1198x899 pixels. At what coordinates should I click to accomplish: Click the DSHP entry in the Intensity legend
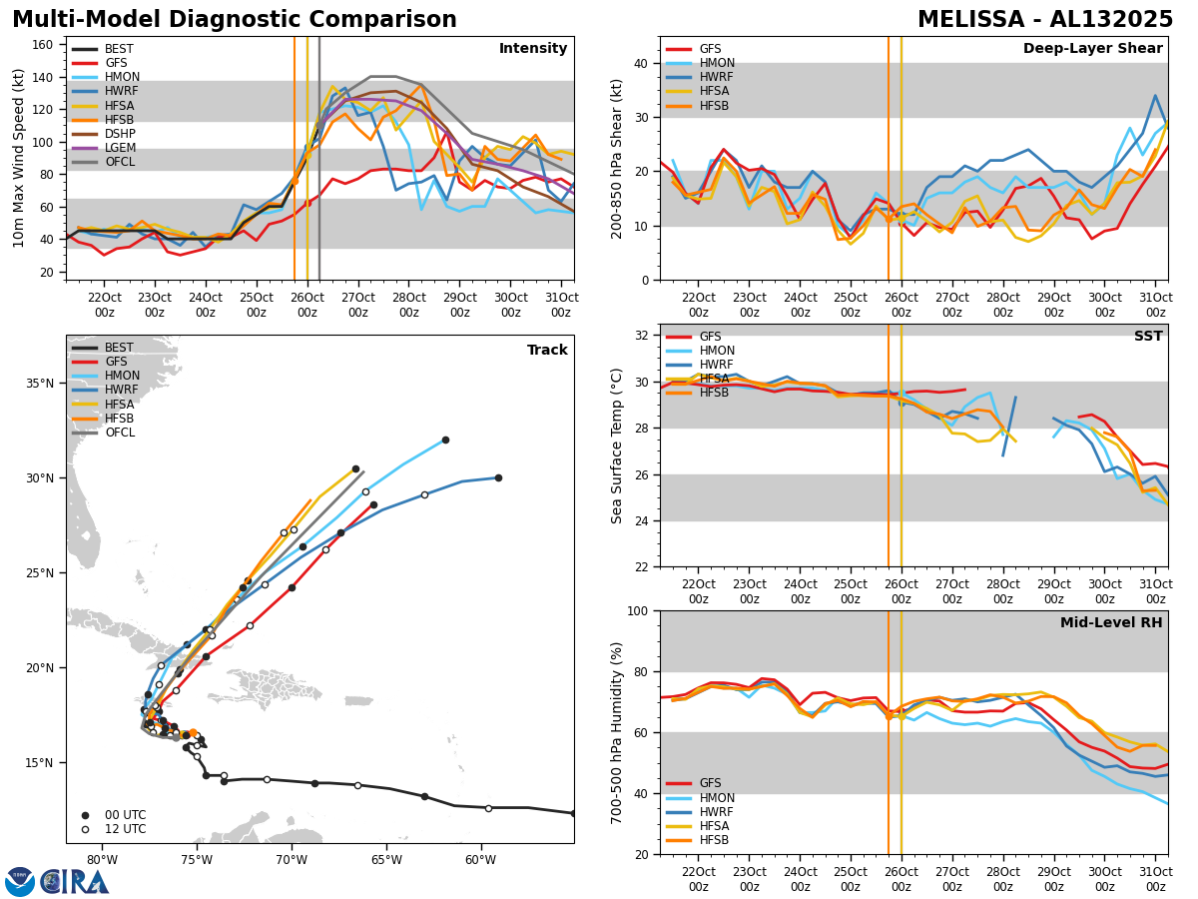click(119, 134)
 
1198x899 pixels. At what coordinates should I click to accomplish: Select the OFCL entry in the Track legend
click(119, 433)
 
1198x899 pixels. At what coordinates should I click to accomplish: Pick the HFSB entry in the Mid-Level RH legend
click(714, 840)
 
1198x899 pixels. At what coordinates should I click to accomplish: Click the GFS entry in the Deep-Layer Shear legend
click(710, 49)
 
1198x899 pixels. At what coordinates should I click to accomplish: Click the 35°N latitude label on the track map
click(40, 384)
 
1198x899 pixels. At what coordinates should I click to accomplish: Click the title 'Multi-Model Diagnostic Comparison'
click(235, 20)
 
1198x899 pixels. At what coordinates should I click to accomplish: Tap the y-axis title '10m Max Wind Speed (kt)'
click(17, 158)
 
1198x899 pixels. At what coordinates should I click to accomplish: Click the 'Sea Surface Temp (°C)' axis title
click(617, 446)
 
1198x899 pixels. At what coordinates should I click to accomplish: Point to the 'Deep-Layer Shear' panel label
click(1092, 49)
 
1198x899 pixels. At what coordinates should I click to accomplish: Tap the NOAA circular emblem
click(20, 881)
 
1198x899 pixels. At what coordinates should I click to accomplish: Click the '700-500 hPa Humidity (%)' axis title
click(617, 732)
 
